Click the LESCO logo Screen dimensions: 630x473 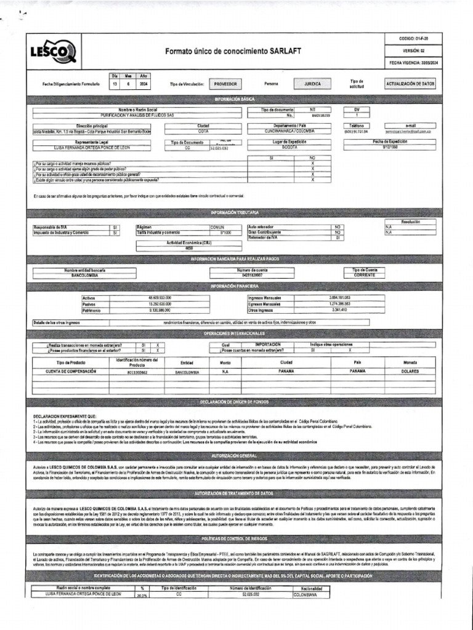tap(54, 52)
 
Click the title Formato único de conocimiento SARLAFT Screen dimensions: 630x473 tap(233, 52)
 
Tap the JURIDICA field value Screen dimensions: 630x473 tap(317, 83)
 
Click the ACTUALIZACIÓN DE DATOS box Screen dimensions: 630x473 tap(410, 83)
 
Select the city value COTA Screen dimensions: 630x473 tap(203, 131)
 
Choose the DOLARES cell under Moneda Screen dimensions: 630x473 tap(410, 372)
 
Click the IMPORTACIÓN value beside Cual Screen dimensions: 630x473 tap(268, 345)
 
